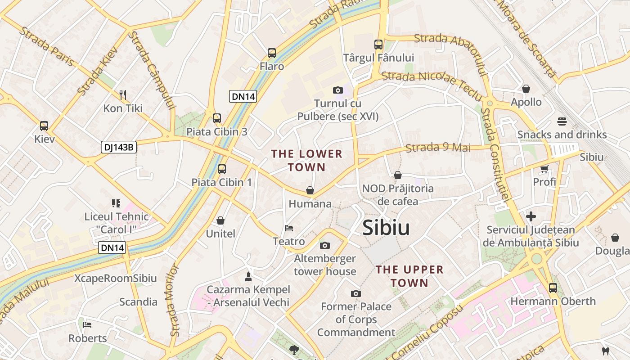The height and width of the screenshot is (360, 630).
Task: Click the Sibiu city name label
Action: [x=386, y=228]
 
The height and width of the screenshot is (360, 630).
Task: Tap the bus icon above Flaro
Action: [x=272, y=53]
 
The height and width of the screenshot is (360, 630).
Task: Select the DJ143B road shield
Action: [x=118, y=147]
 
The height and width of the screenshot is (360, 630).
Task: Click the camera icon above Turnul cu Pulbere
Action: [x=338, y=90]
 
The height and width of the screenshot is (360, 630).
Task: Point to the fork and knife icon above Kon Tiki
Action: [x=122, y=94]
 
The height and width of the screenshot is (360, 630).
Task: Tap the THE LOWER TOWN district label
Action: [x=306, y=161]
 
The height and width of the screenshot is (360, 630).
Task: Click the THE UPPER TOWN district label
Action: [x=409, y=276]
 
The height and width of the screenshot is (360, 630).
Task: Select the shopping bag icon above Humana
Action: [x=310, y=190]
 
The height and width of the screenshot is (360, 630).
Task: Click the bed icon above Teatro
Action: [x=289, y=228]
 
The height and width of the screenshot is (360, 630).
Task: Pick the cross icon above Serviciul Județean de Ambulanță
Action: [x=531, y=216]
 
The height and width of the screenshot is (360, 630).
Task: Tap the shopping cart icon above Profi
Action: [x=544, y=169]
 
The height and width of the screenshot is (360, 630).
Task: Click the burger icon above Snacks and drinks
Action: [x=562, y=121]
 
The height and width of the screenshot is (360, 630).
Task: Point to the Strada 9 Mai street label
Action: [x=438, y=148]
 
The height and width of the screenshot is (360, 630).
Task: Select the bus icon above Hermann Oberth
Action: [x=553, y=288]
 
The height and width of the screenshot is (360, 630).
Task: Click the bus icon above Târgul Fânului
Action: [x=378, y=45]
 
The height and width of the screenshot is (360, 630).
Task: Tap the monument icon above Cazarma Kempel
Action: [x=248, y=275]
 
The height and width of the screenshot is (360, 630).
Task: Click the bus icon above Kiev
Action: [x=44, y=126]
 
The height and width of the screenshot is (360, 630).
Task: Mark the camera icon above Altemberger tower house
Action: [x=325, y=245]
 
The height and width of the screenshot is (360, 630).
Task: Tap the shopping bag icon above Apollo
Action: [x=526, y=89]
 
